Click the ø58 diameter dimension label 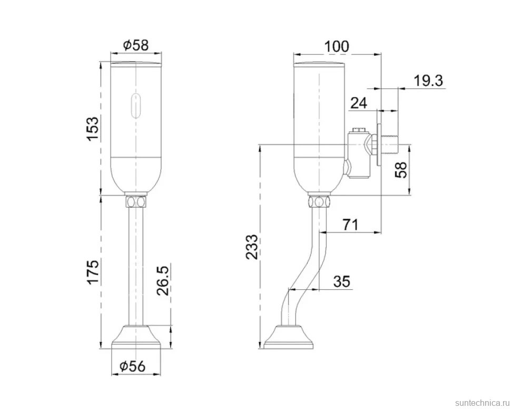[x=136, y=45]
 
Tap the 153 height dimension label [x=92, y=129]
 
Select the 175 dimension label [x=92, y=272]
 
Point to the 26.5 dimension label [x=163, y=280]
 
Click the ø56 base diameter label [x=133, y=367]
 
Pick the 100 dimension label [x=337, y=46]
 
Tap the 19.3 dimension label [x=428, y=81]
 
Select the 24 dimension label [x=359, y=103]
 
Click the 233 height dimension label [x=252, y=247]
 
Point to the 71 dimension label [x=350, y=225]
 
